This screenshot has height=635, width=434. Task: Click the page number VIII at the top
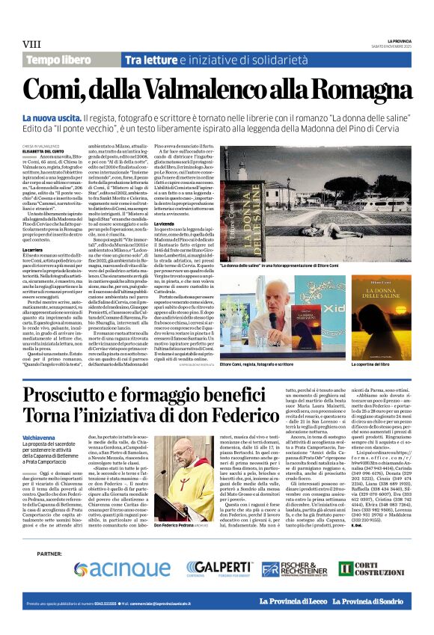coord(33,44)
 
